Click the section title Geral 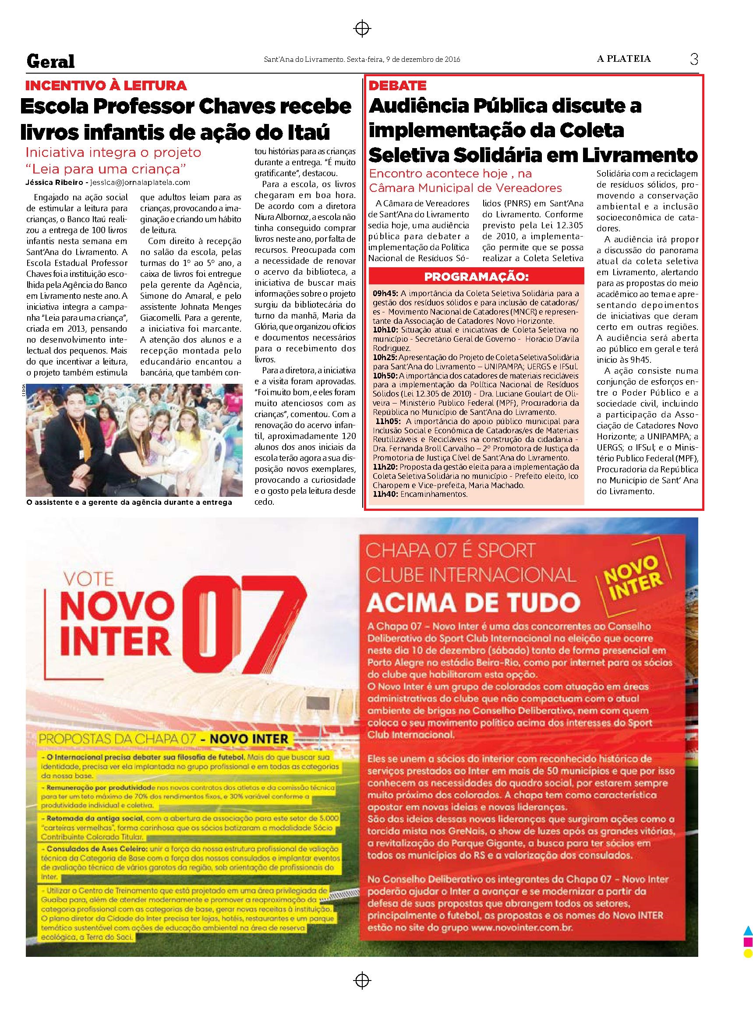point(51,61)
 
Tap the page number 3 point(694,59)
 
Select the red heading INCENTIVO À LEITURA point(106,85)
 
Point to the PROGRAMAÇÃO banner point(477,277)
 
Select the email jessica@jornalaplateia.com point(140,182)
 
